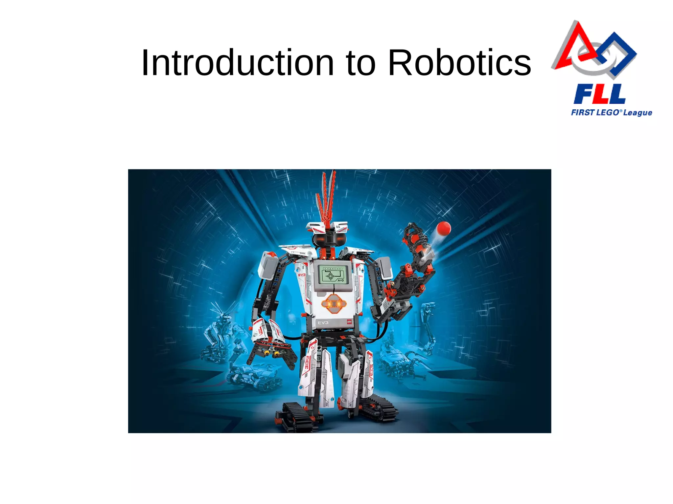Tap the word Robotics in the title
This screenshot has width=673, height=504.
point(459,63)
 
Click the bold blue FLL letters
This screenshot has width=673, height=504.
point(600,94)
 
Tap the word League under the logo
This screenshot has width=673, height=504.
point(638,113)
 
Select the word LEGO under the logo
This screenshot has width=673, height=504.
point(608,112)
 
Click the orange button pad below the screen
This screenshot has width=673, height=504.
point(334,304)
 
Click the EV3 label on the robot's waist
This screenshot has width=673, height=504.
point(323,323)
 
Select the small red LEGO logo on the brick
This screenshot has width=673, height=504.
point(349,322)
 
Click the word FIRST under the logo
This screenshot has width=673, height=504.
point(583,112)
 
